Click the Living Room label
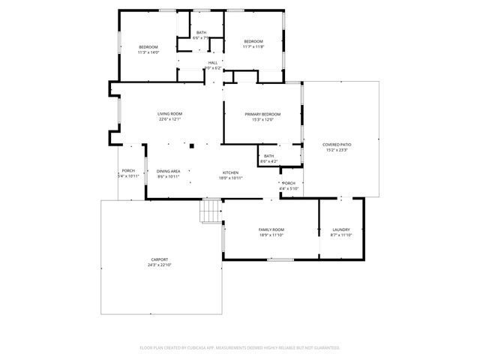[170, 114]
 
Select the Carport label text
[160, 259]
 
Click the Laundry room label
[341, 229]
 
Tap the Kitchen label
[229, 172]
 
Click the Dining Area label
[169, 172]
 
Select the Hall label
[213, 62]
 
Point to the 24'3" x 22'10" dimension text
[160, 265]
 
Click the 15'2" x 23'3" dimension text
[337, 150]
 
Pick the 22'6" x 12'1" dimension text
[170, 119]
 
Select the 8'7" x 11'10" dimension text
[341, 235]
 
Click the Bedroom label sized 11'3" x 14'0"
[148, 47]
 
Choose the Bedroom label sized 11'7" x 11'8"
[253, 41]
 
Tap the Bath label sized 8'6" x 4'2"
[268, 156]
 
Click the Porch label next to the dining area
[128, 171]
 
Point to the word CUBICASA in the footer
[194, 348]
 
